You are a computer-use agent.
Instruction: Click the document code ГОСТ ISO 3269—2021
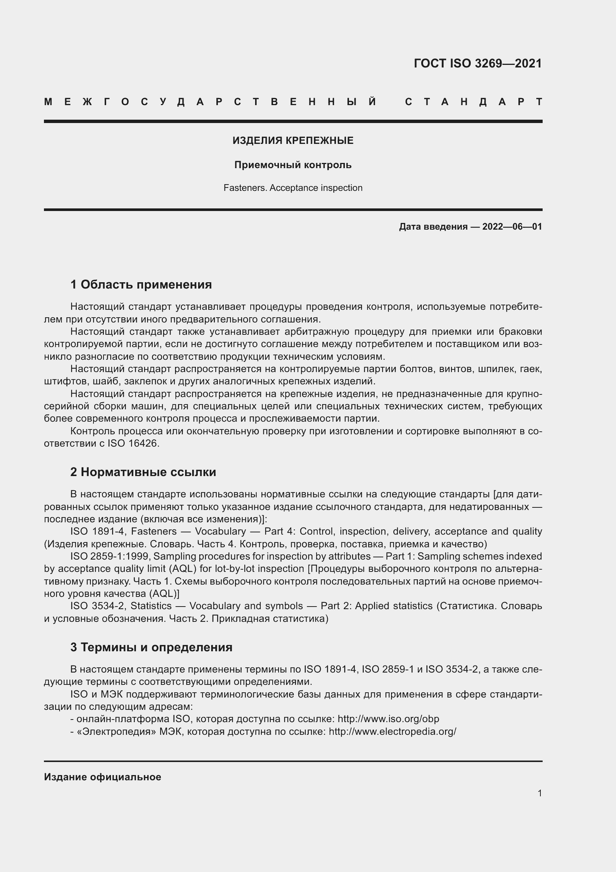pos(477,63)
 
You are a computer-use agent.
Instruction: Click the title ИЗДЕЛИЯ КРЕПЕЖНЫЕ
pos(293,141)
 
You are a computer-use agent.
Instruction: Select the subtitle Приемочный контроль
pos(293,165)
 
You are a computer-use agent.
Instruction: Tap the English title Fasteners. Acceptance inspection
pos(293,188)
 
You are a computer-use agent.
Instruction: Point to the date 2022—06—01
pos(512,227)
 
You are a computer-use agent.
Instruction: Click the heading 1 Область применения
pos(141,284)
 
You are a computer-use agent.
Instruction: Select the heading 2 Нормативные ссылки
pos(143,472)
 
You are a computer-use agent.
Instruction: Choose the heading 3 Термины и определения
pos(151,647)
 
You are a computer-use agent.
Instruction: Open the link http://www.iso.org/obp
pos(388,719)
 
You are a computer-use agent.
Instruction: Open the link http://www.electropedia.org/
pos(392,731)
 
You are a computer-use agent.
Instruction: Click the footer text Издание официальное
pos(102,777)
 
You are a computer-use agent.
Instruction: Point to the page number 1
pos(539,793)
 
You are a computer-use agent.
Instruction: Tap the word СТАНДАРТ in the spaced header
pos(474,102)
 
